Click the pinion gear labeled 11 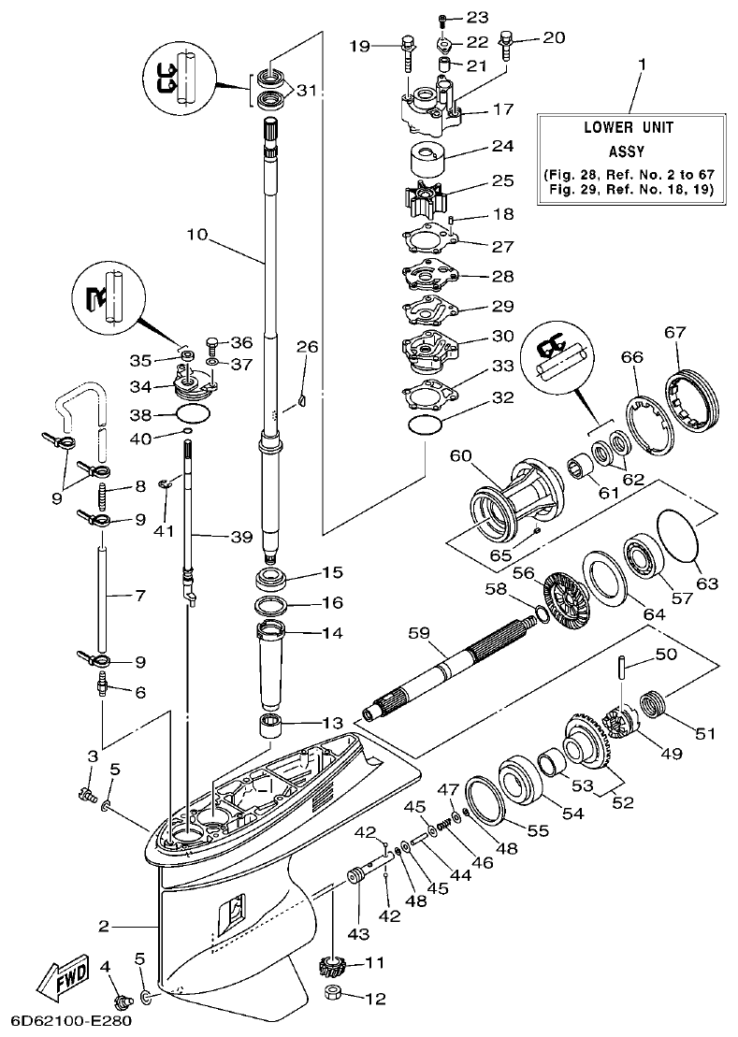click(x=334, y=964)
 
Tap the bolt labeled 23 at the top click(x=443, y=18)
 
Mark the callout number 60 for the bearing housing click(x=460, y=456)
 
